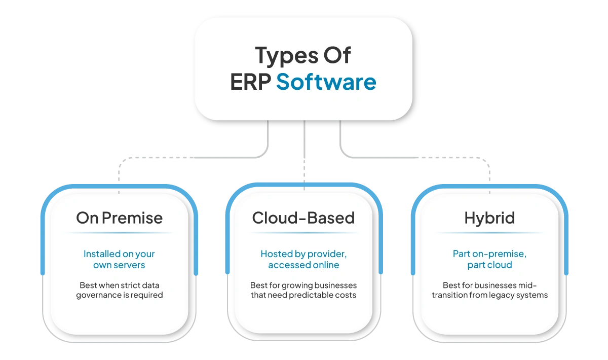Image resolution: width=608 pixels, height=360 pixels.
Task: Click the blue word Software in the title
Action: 326,82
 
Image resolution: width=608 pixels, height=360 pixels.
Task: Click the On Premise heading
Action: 120,218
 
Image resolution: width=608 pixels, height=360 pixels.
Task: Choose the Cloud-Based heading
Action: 303,218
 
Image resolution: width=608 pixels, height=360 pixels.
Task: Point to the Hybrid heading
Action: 489,218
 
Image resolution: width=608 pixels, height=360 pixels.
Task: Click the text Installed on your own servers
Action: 120,259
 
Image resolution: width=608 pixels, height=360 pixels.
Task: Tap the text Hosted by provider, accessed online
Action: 303,259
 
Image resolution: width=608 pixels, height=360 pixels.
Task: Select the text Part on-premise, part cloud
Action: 489,259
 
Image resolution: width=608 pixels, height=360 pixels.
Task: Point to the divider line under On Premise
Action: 120,233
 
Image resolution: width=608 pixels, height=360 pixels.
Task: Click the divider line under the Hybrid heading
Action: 489,233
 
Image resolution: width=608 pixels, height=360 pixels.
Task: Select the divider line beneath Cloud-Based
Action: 303,233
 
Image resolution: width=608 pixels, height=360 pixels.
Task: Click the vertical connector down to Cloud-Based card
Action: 304,152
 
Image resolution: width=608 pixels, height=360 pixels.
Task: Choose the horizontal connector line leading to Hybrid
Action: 415,159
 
